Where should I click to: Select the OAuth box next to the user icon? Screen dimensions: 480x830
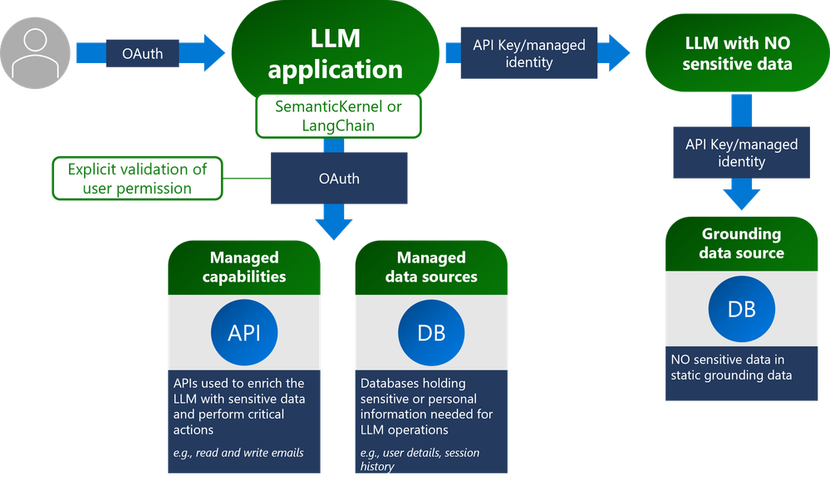tap(142, 54)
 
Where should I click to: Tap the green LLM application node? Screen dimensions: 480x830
tap(335, 53)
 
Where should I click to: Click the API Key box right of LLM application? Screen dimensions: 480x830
tap(528, 54)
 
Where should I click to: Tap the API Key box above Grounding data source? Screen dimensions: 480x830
tap(741, 152)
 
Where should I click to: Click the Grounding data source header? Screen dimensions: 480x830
tap(741, 242)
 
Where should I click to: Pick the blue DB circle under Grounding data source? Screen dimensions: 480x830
tap(741, 309)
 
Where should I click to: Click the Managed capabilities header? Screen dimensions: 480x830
tap(244, 267)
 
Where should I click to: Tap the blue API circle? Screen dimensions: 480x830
tap(244, 333)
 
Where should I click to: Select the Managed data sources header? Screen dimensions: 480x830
tap(431, 267)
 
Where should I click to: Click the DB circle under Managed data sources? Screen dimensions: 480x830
tap(431, 333)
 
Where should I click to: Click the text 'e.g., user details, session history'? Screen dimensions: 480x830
tap(420, 459)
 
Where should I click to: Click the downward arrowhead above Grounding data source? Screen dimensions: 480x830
tap(741, 198)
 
